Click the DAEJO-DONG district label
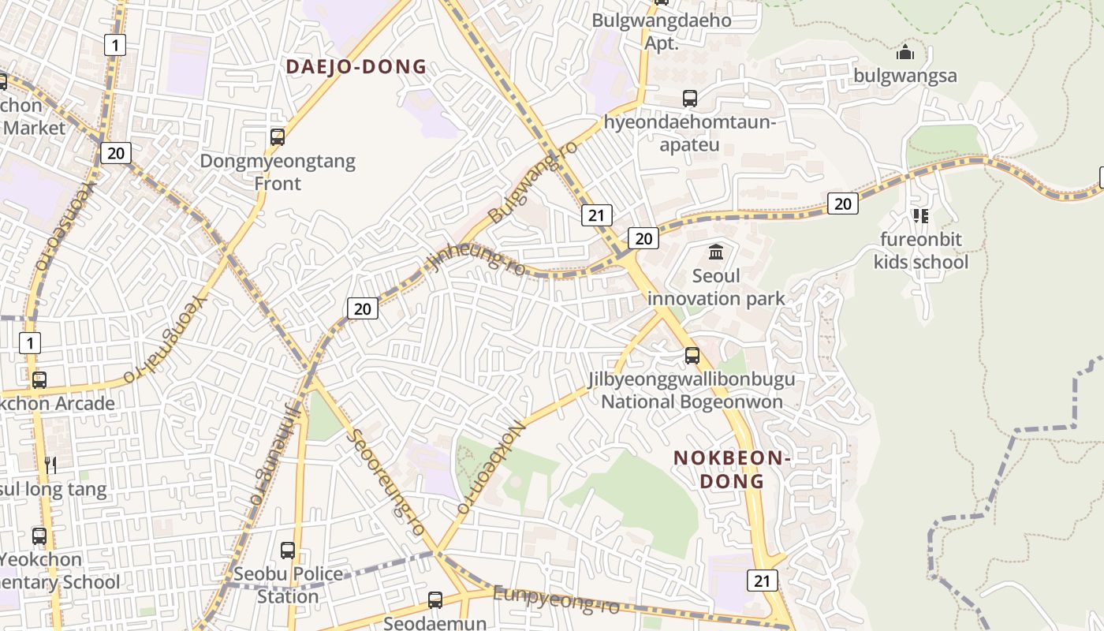[x=356, y=67]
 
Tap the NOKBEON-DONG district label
[x=732, y=469]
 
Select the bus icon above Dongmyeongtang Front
[x=277, y=137]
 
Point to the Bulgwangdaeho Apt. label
[x=662, y=32]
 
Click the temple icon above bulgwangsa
[x=905, y=53]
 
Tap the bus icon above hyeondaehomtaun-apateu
[x=690, y=99]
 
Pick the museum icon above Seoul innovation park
[x=716, y=252]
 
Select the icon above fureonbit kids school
[x=920, y=215]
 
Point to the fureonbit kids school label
[x=920, y=251]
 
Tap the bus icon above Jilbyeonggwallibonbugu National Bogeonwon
[x=692, y=356]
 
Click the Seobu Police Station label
[x=288, y=584]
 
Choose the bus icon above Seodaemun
[x=435, y=599]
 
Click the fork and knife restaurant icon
[x=50, y=465]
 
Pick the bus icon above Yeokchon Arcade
[x=39, y=380]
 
